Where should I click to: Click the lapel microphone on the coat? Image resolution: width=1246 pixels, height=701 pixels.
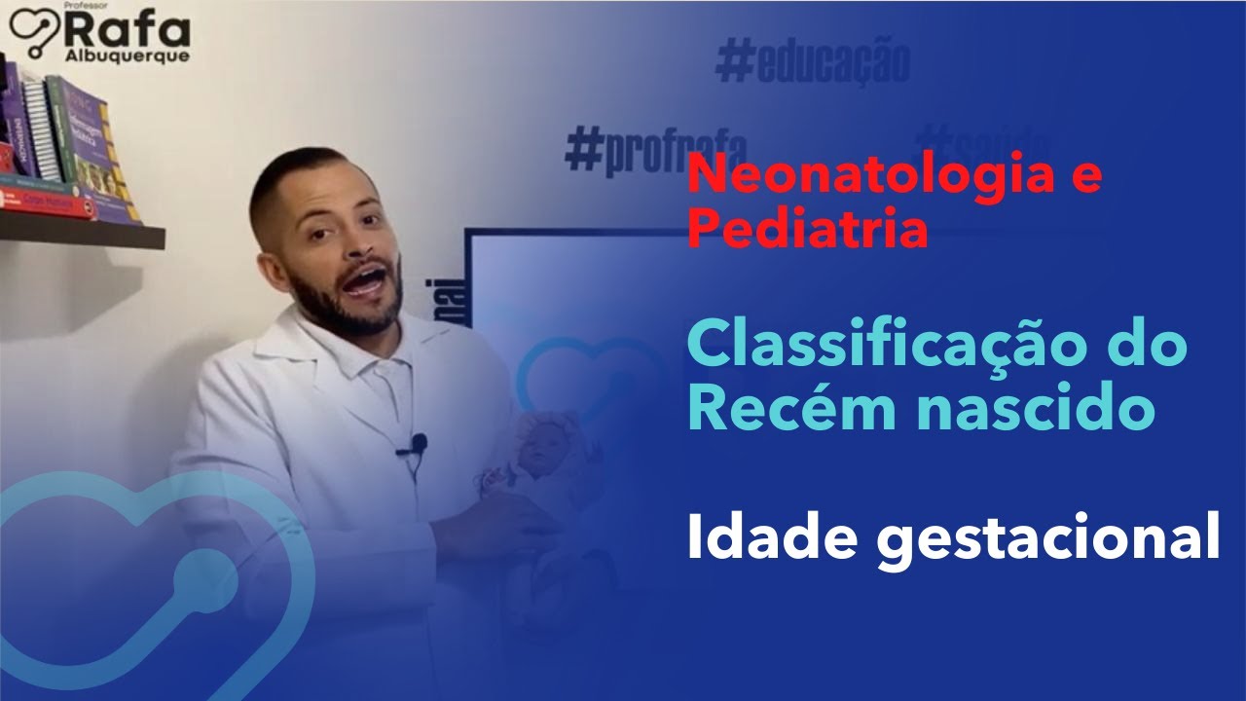pos(418,446)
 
